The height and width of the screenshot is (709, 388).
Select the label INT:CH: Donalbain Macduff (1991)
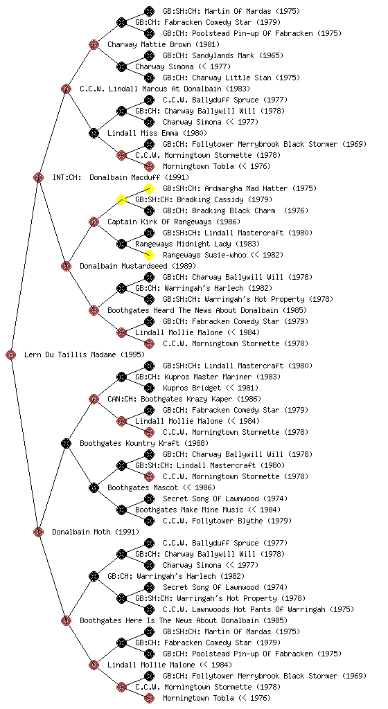[121, 177]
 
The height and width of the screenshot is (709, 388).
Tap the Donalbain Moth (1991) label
[96, 532]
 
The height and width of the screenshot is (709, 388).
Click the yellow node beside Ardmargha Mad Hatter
[149, 188]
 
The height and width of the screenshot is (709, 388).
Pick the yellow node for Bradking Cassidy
[121, 199]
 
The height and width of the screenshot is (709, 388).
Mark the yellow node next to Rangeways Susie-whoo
[149, 255]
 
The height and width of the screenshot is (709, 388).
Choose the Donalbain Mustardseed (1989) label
[138, 266]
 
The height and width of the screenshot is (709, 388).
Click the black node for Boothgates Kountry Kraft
[66, 443]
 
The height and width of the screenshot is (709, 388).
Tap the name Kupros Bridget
[192, 388]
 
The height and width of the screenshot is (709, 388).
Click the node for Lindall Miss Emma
[94, 133]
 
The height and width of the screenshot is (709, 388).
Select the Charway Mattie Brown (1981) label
[164, 44]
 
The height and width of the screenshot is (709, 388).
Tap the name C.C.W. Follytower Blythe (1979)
[227, 521]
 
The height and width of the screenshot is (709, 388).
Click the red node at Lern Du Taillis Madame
[11, 354]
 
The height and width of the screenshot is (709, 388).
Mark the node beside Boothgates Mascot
[94, 487]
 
